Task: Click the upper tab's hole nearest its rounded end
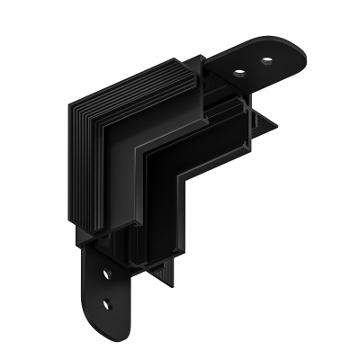coord(267,61)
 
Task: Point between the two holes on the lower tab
coord(107,287)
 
